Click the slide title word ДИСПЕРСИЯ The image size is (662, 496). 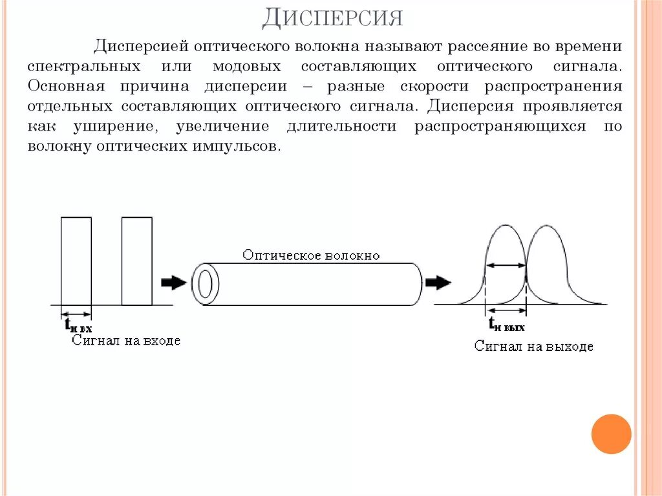click(332, 17)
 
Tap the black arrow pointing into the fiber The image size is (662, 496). click(173, 283)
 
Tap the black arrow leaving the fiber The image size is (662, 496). click(438, 283)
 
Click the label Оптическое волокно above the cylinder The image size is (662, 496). click(312, 255)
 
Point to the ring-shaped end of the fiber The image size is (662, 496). click(205, 283)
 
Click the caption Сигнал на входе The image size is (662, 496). click(126, 340)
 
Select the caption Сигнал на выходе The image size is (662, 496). click(533, 347)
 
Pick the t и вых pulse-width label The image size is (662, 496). click(506, 325)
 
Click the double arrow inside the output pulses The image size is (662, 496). click(506, 264)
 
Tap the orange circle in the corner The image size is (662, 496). click(611, 433)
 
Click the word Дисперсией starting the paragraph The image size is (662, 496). click(142, 47)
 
